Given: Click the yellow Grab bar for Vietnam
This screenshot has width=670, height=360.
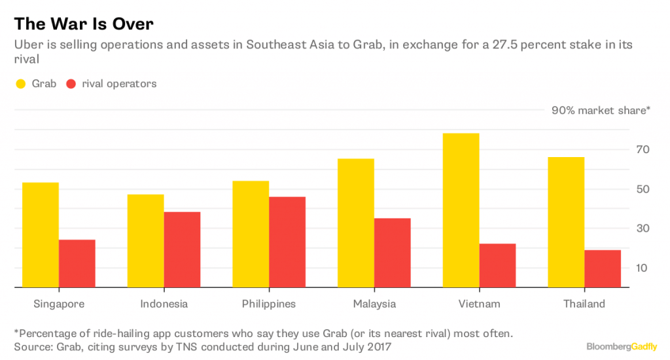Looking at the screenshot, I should tap(461, 210).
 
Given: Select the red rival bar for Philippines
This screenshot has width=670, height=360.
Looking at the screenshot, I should tap(287, 242).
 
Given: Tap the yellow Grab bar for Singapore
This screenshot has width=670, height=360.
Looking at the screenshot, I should tap(40, 235).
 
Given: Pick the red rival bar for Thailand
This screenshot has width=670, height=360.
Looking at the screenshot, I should tap(603, 268).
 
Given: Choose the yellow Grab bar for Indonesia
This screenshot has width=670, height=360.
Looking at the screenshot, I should tap(145, 241).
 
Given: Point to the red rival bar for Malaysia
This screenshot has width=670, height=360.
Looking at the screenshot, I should tap(392, 253).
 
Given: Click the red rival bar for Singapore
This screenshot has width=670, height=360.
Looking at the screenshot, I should tap(77, 263).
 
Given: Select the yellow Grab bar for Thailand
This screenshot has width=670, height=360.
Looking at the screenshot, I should tap(566, 222).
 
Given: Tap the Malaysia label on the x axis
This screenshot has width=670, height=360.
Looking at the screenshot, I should tap(374, 304).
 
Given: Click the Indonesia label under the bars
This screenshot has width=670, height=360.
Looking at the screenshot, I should tap(164, 304).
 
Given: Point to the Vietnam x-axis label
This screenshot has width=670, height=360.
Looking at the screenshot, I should tap(480, 304).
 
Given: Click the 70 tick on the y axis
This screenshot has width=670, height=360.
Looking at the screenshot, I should tap(643, 150).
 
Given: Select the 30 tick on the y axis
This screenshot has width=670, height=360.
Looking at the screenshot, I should tap(643, 228).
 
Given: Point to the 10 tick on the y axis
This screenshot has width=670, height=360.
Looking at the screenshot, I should tap(643, 268).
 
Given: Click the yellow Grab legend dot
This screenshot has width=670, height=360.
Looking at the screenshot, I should tap(20, 84).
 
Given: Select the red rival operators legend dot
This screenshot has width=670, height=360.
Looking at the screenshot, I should tap(71, 84).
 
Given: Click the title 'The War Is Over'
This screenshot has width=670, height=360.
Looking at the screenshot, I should tap(84, 24).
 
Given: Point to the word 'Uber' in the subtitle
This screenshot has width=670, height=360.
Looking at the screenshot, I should tap(27, 45).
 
